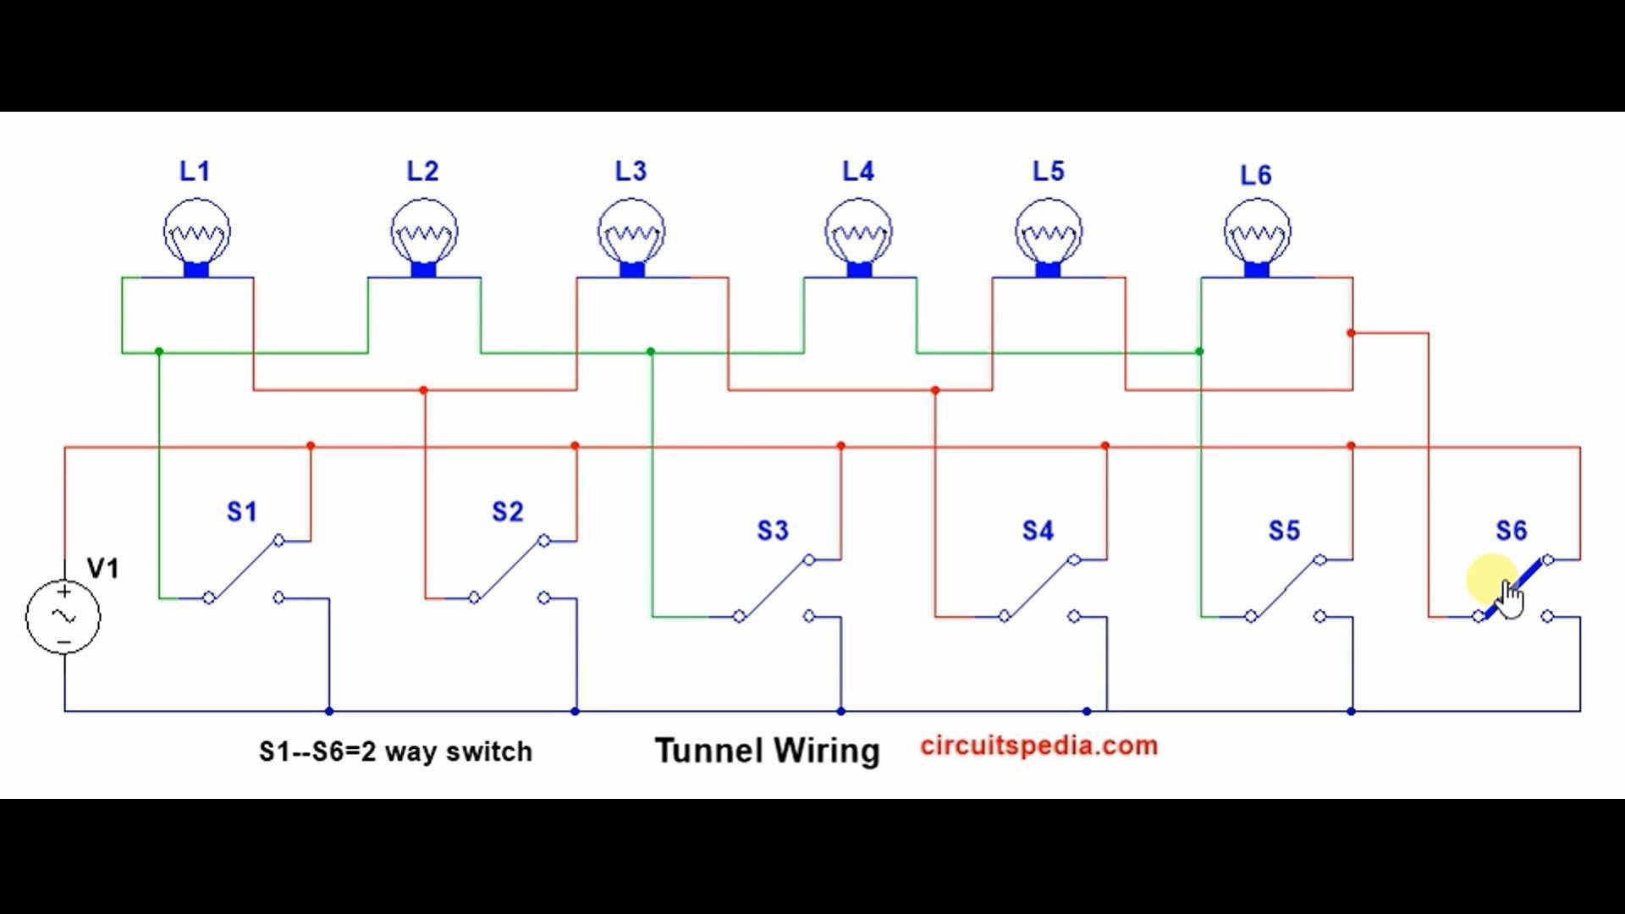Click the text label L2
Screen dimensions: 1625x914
coord(422,172)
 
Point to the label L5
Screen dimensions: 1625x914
coord(1048,172)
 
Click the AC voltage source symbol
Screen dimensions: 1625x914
coord(63,616)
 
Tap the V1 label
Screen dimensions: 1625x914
coord(103,568)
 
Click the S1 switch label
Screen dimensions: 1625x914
coord(242,511)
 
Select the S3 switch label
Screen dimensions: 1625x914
coord(773,531)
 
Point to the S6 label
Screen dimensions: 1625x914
coord(1512,531)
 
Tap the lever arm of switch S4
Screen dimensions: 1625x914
coord(1038,588)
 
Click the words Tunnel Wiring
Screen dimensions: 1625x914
coord(768,751)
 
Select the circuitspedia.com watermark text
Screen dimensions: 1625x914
coord(1039,746)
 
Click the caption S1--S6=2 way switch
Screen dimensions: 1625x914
coord(395,752)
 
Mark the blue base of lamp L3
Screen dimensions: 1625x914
coord(631,270)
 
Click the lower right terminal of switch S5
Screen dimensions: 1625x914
coord(1320,616)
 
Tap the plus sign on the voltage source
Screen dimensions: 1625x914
coord(63,592)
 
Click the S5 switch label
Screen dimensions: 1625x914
coord(1284,531)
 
